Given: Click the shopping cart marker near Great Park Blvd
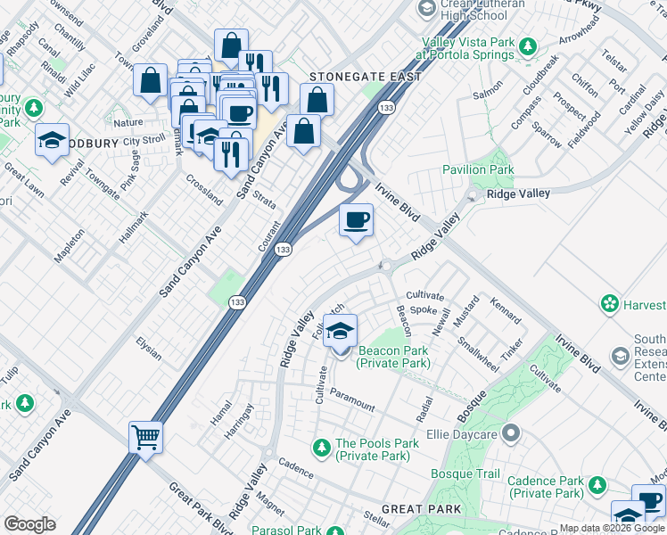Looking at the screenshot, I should [145, 437].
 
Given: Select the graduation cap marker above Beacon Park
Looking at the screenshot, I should [339, 331].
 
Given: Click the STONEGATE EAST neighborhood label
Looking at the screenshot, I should [365, 78].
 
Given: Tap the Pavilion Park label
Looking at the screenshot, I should [478, 169].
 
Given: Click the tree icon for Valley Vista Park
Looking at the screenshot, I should [528, 45].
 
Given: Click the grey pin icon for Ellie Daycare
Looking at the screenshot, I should [510, 435].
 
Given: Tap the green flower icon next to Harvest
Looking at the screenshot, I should [610, 305].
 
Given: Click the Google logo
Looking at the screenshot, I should [29, 524].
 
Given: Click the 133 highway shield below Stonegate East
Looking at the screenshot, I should [385, 108].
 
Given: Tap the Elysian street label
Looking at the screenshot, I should [148, 348].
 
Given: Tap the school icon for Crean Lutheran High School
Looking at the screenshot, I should [426, 9].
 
